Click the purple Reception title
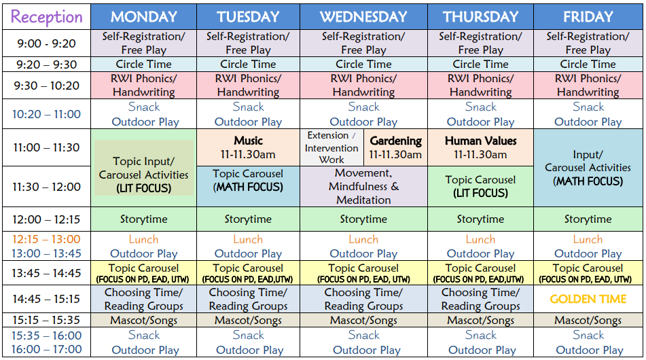coord(47,17)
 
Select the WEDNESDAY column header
coord(363,16)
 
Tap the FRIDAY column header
coord(588,16)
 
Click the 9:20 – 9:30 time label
coord(47,65)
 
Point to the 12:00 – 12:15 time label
coord(47,219)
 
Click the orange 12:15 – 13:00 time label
coord(47,239)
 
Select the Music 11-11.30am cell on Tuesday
coord(249,147)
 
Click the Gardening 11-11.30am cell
coord(395,147)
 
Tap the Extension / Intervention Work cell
coord(331,147)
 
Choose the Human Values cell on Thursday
coord(481,147)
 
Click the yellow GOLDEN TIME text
coord(588,299)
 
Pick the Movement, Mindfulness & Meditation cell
coord(364,187)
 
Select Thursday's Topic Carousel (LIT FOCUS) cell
coord(481,187)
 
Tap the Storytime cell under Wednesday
coord(364,219)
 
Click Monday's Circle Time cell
coord(144,65)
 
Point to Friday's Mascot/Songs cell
coord(588,320)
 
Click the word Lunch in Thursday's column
coord(481,239)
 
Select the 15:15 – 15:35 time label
coord(47,320)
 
